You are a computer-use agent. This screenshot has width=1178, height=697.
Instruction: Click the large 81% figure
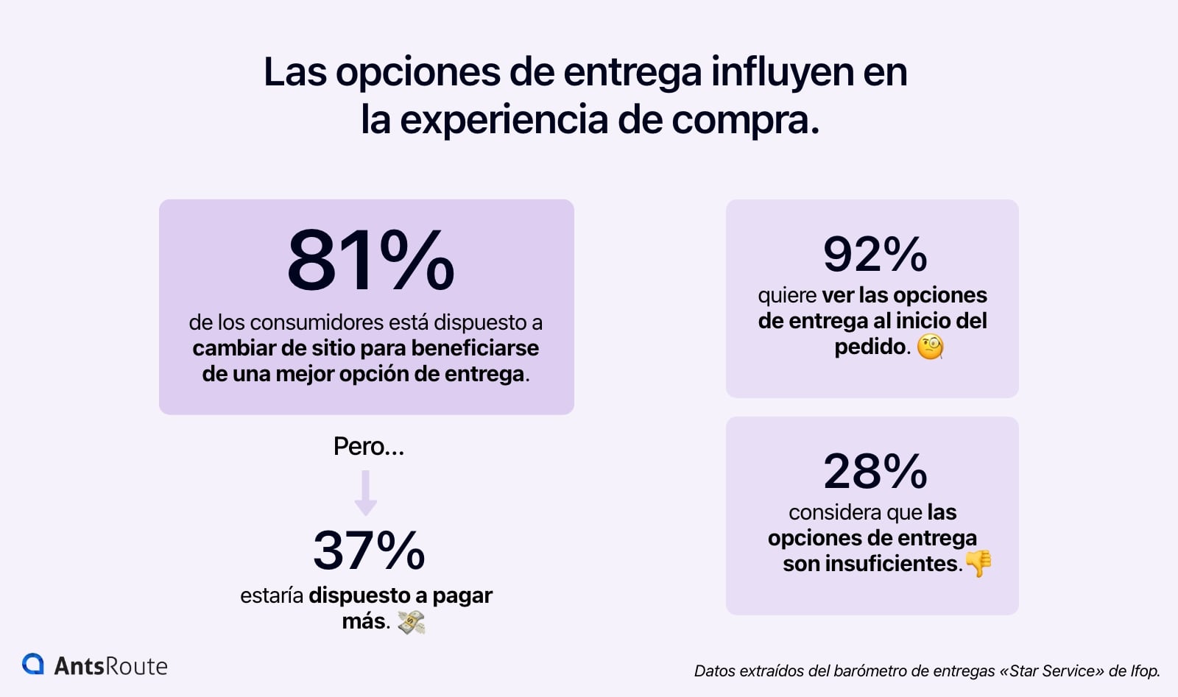tap(370, 261)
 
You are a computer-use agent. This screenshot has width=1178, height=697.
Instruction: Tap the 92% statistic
tap(875, 255)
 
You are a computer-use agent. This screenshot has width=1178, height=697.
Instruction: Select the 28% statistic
tap(875, 471)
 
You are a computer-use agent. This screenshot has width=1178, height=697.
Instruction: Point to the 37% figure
tap(369, 551)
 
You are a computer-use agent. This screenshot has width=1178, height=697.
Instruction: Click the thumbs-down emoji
tap(978, 564)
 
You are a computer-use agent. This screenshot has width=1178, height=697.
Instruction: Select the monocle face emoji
tap(930, 347)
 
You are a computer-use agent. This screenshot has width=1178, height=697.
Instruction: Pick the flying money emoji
tap(411, 623)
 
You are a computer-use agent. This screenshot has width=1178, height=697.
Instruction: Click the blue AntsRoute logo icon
tap(33, 664)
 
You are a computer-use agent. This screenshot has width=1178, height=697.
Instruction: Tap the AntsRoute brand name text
tap(110, 666)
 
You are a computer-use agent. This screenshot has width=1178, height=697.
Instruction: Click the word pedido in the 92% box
tap(870, 347)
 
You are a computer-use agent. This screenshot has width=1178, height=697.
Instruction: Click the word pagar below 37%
tap(462, 595)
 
